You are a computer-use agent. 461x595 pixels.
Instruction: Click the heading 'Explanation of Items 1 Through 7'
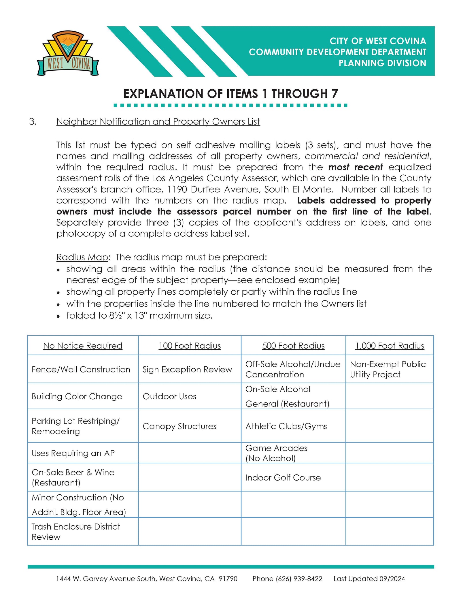click(x=231, y=94)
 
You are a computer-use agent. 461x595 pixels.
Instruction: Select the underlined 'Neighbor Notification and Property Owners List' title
click(x=158, y=122)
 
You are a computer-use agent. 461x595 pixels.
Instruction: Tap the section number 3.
click(x=33, y=122)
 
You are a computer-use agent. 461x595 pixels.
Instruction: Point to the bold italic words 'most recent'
click(x=356, y=167)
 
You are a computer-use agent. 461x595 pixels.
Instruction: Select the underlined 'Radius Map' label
click(x=82, y=257)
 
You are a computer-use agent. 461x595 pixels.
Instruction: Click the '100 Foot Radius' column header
click(x=190, y=346)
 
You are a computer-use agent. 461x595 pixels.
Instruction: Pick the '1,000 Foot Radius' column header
click(x=390, y=346)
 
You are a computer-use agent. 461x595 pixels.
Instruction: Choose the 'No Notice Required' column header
click(x=83, y=346)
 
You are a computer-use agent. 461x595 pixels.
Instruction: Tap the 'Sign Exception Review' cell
click(x=187, y=369)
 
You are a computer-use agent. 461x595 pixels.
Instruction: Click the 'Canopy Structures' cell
click(x=180, y=426)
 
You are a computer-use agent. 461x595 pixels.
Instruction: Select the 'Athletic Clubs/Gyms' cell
click(x=286, y=426)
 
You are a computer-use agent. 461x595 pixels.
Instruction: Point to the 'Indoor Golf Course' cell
click(x=283, y=477)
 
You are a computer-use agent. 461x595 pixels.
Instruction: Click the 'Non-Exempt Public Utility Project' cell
click(x=388, y=369)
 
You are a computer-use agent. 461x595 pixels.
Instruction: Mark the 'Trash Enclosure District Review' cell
click(x=75, y=532)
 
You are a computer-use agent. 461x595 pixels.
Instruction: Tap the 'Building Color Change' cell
click(x=77, y=396)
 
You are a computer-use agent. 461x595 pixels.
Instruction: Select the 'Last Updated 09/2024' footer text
click(x=369, y=579)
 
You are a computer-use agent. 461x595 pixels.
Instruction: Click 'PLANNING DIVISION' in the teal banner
click(x=382, y=63)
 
